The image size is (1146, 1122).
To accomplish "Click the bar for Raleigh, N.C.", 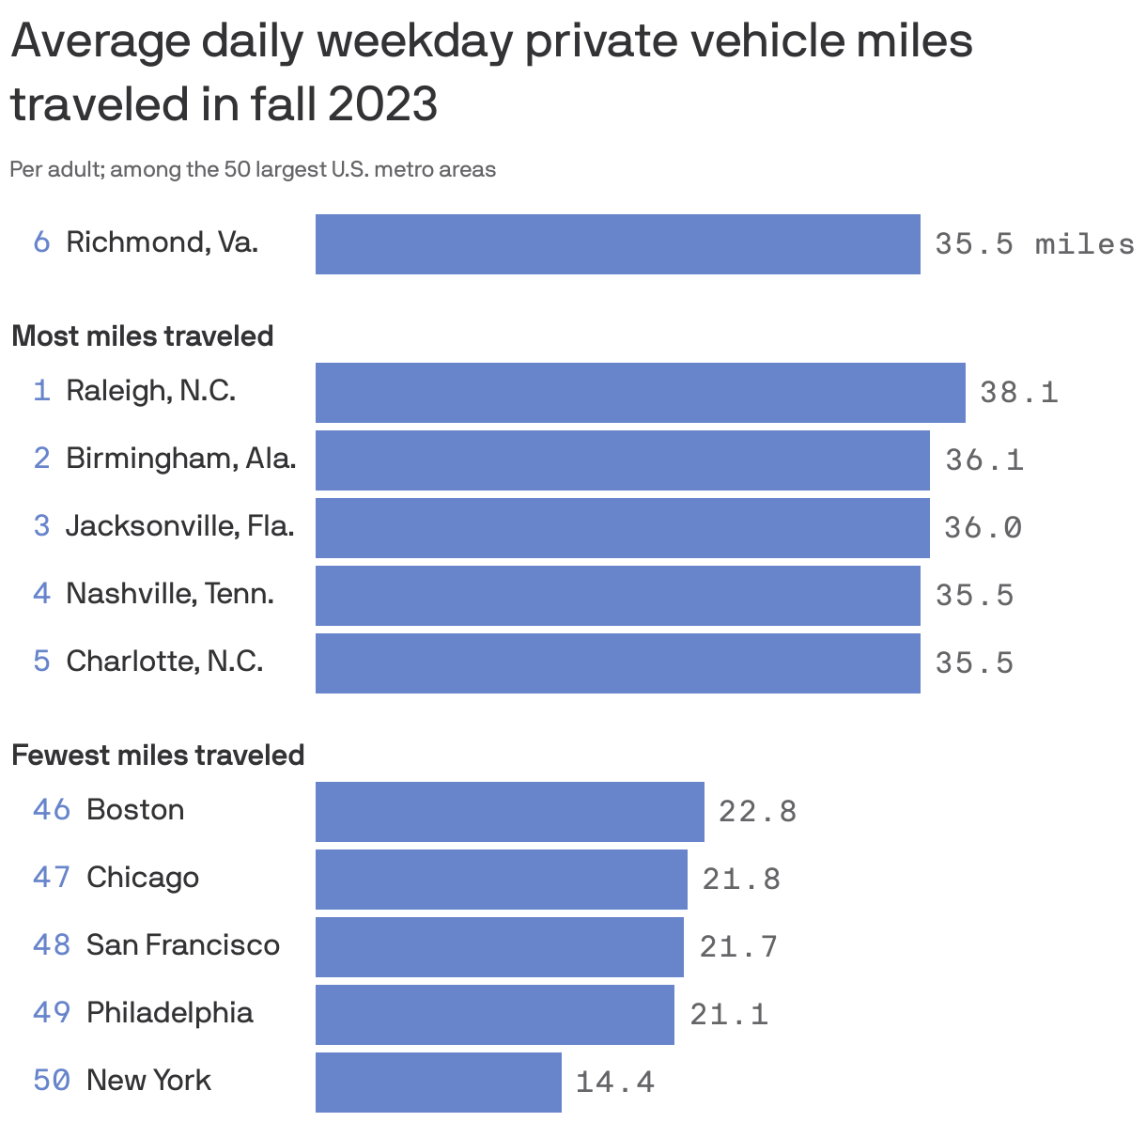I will (640, 393).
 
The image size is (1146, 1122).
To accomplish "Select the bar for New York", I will (438, 1082).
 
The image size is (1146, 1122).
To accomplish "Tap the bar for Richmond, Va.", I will (617, 244).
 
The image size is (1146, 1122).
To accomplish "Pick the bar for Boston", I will (509, 812).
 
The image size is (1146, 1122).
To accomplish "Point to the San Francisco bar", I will (499, 947).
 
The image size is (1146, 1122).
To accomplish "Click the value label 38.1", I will (1018, 393).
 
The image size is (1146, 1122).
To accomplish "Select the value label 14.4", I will (614, 1083).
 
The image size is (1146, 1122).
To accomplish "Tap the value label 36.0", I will (983, 528).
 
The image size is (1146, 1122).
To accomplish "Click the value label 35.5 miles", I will (1033, 244).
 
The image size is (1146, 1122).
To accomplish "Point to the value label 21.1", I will (729, 1015).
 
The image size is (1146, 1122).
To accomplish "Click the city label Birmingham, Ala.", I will (180, 459).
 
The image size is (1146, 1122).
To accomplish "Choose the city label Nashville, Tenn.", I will (170, 594).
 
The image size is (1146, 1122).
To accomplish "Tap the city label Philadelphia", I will (170, 1013).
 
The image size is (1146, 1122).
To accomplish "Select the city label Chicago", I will (143, 878).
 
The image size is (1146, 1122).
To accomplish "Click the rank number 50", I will (52, 1081).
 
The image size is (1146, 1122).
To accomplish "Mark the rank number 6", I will (41, 242).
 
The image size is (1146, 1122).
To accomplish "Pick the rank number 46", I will (52, 810).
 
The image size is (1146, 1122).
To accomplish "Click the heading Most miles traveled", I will (143, 336).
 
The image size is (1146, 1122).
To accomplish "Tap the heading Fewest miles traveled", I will (158, 756).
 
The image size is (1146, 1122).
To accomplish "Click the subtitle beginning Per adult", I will (253, 170).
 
